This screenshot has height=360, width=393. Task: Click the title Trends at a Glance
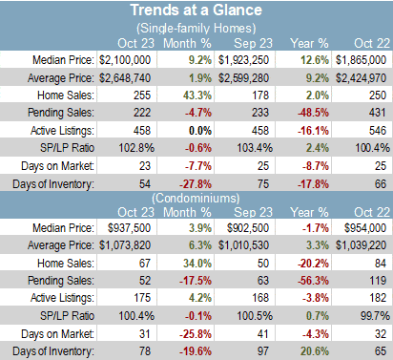click(196, 11)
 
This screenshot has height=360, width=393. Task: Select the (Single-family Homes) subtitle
click(196, 29)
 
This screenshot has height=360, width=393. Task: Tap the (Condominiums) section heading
click(196, 199)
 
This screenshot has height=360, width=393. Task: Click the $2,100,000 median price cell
click(125, 60)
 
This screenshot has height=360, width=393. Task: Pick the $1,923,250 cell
click(243, 60)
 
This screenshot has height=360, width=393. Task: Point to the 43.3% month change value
click(197, 95)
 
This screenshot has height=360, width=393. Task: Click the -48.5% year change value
click(313, 113)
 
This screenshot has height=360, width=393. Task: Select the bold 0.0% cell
click(200, 131)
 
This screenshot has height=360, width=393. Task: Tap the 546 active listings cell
click(378, 131)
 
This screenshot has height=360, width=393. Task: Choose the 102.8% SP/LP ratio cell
click(136, 148)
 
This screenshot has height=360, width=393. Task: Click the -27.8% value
click(196, 184)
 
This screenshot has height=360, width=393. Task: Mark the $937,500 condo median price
click(129, 228)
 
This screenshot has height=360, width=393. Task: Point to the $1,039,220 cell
click(361, 245)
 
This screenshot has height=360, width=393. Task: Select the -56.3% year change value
click(313, 281)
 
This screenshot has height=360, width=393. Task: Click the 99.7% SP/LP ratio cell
click(375, 316)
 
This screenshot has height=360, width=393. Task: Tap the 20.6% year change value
click(315, 351)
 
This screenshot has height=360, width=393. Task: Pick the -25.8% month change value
click(196, 334)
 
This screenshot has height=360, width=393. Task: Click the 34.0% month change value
click(197, 264)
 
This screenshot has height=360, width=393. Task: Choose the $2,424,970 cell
click(361, 78)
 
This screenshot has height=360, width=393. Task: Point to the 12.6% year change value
click(315, 60)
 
